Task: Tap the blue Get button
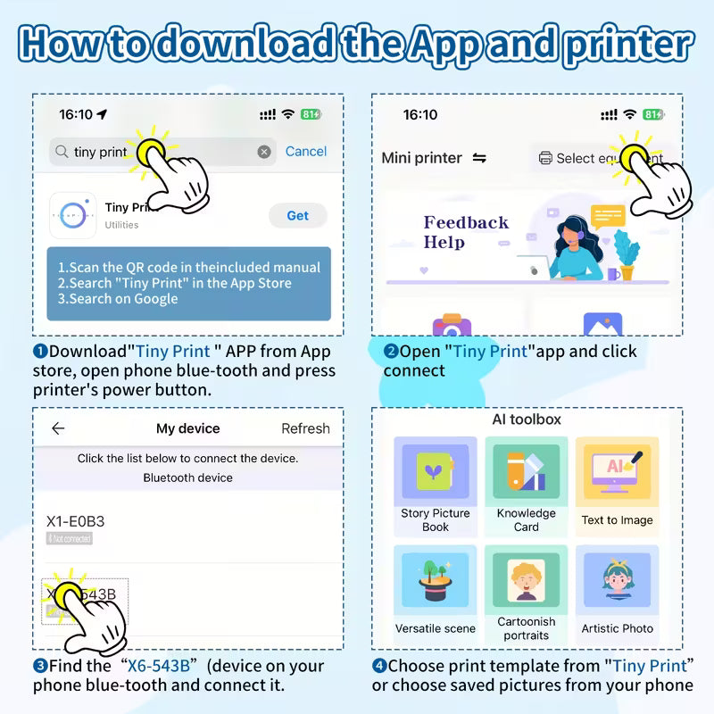pos(297,215)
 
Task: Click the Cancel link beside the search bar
pos(305,152)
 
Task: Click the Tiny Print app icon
pos(72,214)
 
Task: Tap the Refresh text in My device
pos(305,428)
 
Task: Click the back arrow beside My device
pos(58,428)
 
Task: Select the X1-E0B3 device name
pos(75,520)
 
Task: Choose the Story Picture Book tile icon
pos(436,473)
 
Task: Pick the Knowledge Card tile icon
pos(527,473)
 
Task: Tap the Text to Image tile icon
pos(617,474)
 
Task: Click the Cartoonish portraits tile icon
pos(527,581)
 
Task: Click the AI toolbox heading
pos(527,419)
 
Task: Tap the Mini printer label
pos(421,158)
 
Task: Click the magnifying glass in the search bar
pos(62,152)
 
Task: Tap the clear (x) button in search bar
pos(264,152)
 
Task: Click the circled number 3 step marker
pos(40,666)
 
